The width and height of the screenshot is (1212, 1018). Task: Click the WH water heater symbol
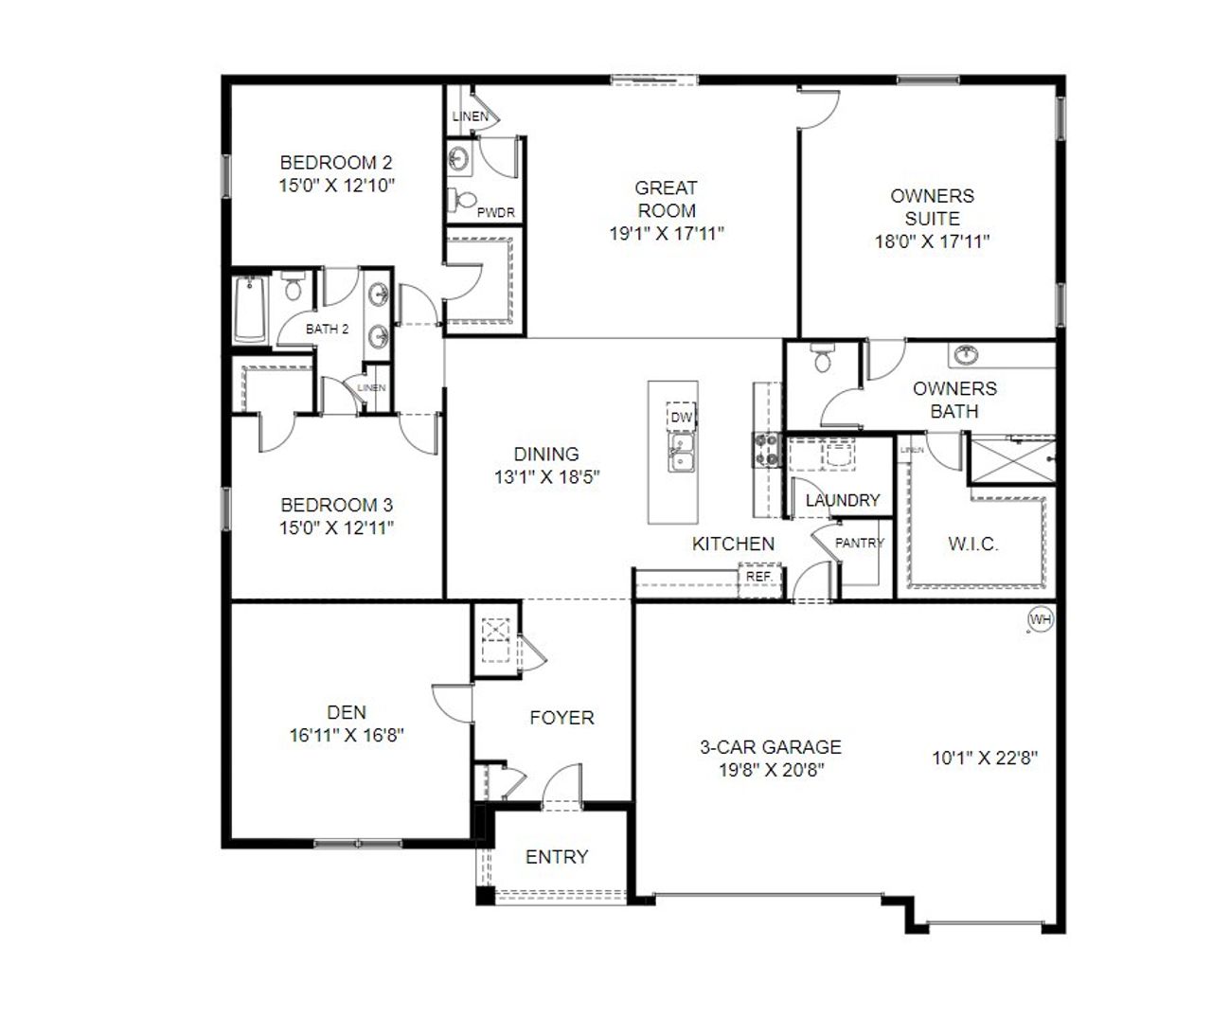(1041, 619)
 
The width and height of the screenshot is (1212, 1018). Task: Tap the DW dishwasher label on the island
(681, 417)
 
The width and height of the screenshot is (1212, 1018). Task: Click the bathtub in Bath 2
(250, 311)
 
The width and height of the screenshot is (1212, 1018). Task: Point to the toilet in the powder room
(463, 201)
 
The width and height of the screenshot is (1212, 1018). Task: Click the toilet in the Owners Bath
(822, 357)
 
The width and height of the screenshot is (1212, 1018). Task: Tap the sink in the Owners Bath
(965, 353)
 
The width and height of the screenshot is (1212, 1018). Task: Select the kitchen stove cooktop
(766, 450)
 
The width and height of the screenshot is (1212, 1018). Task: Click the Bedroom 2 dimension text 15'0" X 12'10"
(337, 186)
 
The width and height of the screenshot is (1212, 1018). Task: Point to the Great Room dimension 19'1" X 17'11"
(667, 234)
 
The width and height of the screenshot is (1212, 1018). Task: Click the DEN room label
(347, 712)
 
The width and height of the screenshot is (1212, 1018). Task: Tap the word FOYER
(561, 718)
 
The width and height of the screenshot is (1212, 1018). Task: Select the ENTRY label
(557, 857)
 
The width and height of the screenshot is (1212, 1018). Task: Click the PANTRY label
(859, 543)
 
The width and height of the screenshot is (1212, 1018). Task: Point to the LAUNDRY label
(843, 500)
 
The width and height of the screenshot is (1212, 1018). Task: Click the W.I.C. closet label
(973, 545)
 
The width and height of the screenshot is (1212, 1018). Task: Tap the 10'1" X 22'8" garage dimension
(985, 758)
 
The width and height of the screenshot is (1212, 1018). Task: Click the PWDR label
(496, 212)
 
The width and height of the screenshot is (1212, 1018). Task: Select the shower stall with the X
(1013, 460)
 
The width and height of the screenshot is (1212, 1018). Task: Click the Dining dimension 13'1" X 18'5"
(546, 477)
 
